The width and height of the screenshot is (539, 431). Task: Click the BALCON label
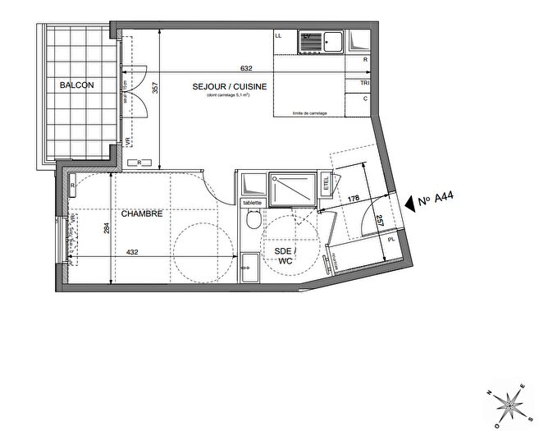coord(76,85)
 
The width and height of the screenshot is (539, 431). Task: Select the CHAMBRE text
coord(142,213)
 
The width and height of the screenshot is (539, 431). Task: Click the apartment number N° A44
coord(436,199)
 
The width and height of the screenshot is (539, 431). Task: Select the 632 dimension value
coord(245,69)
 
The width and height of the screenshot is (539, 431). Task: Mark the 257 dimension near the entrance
coord(380,220)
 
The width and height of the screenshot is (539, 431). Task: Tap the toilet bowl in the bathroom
coord(254,219)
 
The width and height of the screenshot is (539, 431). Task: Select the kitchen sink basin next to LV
coord(334,40)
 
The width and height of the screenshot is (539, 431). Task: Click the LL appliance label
coord(278,36)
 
